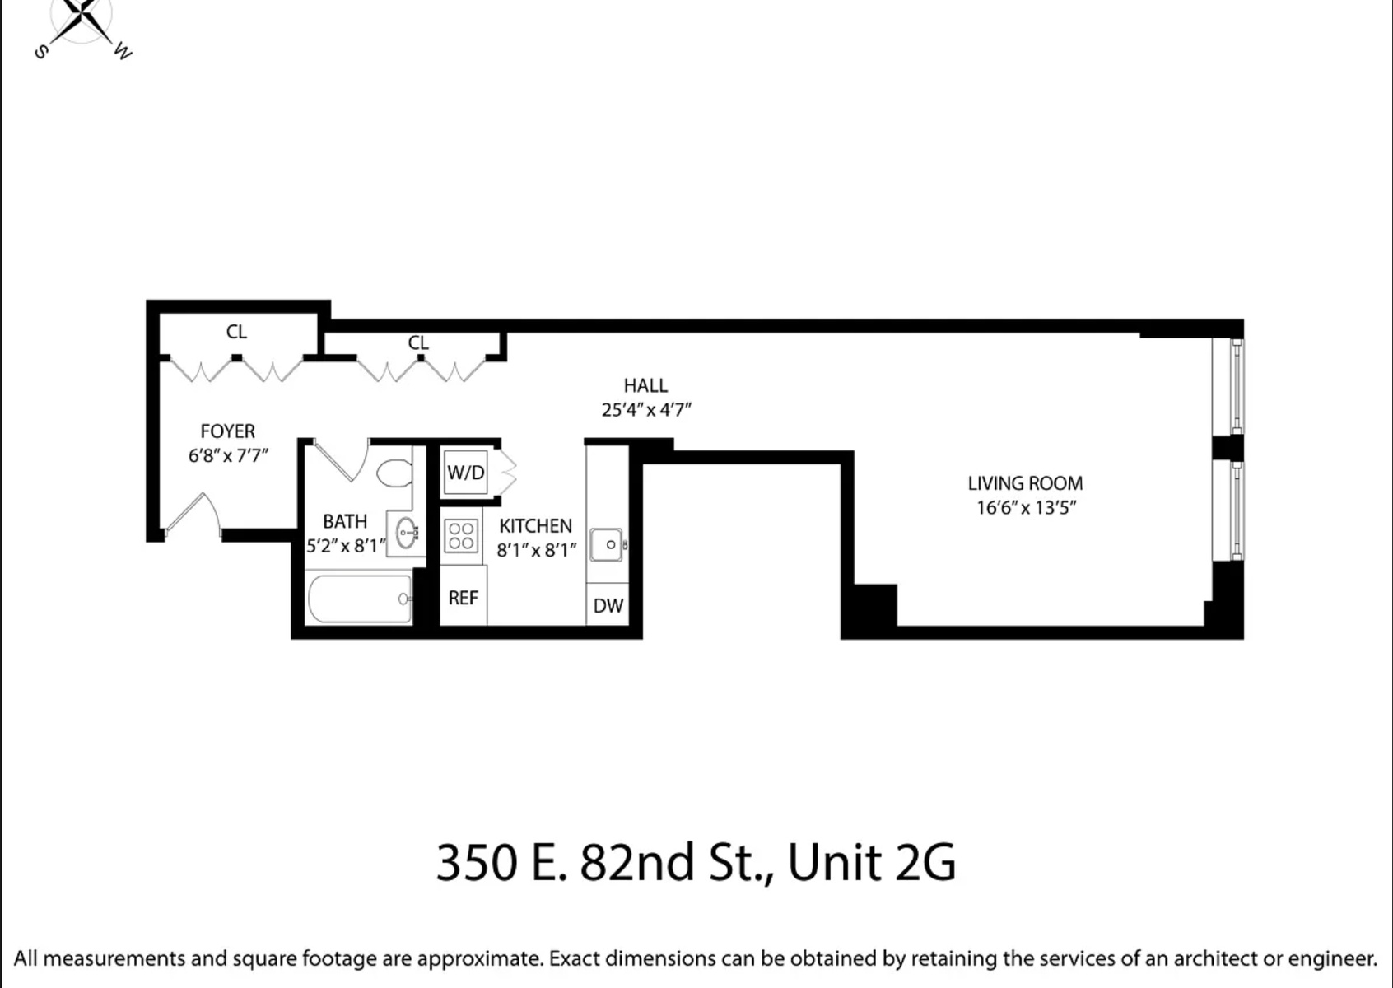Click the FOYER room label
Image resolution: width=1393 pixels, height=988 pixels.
coord(227,431)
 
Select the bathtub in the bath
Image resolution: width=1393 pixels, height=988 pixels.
coord(359,599)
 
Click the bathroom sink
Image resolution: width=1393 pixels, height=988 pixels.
coord(406,533)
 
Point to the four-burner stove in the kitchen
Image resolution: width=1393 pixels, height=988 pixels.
coord(461,536)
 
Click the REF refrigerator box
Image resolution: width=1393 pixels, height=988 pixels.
coord(463,599)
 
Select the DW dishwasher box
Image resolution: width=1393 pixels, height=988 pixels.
coord(608,606)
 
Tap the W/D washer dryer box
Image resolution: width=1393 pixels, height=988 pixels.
coord(465,473)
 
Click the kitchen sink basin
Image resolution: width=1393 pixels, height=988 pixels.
coord(608,545)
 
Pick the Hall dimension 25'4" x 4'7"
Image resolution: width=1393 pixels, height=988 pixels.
coord(646,409)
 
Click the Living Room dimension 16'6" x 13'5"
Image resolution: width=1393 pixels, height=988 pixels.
coord(1026,507)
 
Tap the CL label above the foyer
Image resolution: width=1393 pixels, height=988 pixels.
coord(236,332)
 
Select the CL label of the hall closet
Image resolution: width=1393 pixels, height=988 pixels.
coord(418,343)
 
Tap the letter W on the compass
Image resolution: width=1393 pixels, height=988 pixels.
coord(123,53)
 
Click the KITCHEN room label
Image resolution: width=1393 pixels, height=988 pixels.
coord(535,526)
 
